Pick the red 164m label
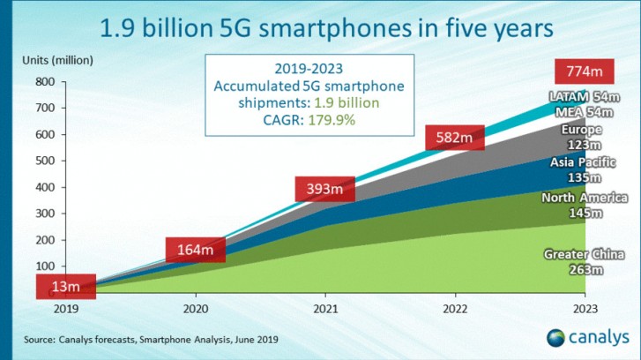[194, 249]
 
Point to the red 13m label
[64, 287]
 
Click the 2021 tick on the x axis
[324, 309]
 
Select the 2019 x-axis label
[66, 309]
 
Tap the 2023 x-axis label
[583, 309]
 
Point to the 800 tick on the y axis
[45, 82]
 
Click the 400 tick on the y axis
[45, 187]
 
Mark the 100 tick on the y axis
[45, 266]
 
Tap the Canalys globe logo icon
[555, 337]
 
